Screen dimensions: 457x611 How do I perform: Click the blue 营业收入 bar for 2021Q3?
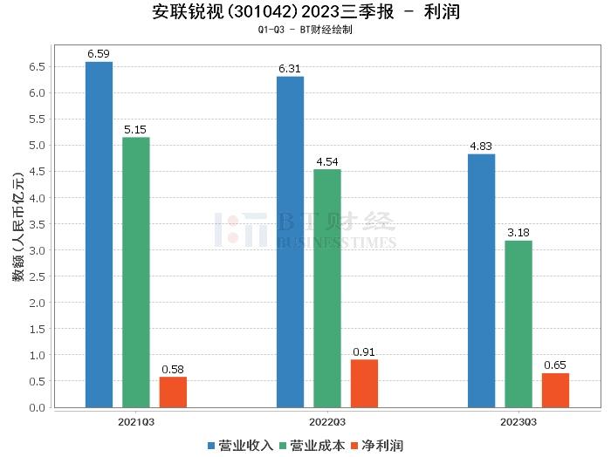click(x=99, y=235)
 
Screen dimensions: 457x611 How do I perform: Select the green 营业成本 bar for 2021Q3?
click(x=135, y=272)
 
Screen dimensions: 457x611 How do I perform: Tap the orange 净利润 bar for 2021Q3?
click(x=173, y=392)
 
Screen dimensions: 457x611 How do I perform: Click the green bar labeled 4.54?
click(x=327, y=288)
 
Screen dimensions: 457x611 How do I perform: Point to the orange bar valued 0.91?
click(x=364, y=383)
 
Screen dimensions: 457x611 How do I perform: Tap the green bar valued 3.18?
click(x=518, y=324)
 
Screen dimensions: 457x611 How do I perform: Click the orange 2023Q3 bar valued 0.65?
click(x=555, y=390)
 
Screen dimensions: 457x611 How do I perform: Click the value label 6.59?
click(x=99, y=54)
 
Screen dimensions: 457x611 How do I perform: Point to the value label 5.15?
click(x=135, y=130)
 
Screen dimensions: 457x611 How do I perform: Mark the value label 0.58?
click(x=173, y=370)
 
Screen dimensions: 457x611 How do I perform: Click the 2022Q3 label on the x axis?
click(x=327, y=421)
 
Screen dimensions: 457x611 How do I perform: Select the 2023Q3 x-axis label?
click(x=518, y=421)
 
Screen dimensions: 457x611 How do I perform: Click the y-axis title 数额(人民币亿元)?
click(x=17, y=227)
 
